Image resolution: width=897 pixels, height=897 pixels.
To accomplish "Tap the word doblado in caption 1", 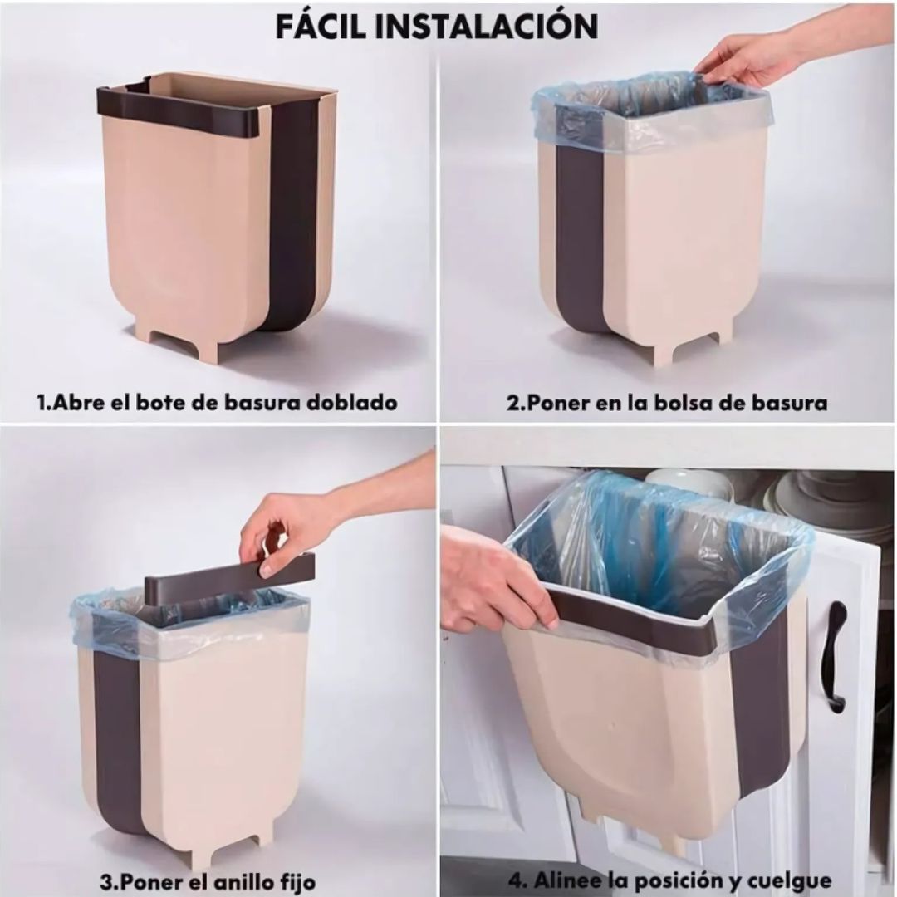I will (352, 403).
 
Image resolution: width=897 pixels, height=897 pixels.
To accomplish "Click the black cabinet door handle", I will (834, 656).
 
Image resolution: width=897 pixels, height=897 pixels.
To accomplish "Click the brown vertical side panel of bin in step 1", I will (295, 216).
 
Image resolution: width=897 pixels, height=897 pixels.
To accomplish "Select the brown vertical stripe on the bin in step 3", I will (116, 731).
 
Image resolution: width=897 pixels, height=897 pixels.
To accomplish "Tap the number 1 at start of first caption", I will (42, 403).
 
